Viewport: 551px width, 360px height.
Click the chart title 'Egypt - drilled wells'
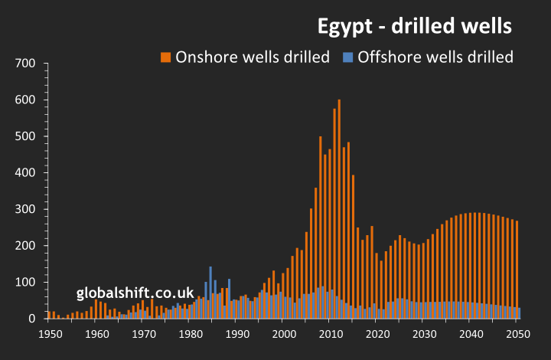[x=415, y=27]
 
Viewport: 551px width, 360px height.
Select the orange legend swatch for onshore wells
[x=165, y=57]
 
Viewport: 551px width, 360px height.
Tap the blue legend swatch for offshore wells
[x=347, y=57]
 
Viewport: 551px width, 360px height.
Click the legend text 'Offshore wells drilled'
[x=435, y=57]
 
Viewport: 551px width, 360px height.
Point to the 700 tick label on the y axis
[x=27, y=64]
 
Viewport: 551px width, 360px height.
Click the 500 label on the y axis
[x=27, y=136]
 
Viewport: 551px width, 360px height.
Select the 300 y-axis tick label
[x=27, y=209]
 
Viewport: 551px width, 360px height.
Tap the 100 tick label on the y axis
[x=27, y=282]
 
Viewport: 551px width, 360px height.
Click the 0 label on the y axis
[x=32, y=319]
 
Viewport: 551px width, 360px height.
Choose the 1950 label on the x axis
[x=50, y=334]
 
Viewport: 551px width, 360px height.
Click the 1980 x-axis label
[x=190, y=334]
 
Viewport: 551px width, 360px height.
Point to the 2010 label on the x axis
[x=331, y=334]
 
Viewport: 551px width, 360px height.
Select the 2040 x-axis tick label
[x=471, y=334]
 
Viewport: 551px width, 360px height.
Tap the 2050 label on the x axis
[x=517, y=334]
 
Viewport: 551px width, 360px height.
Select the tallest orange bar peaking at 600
[x=339, y=207]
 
